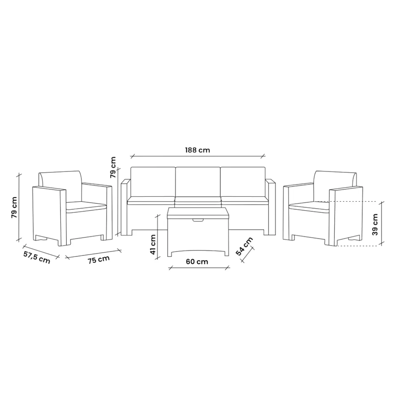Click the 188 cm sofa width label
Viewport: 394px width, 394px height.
pos(197,150)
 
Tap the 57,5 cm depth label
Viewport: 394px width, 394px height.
pos(36,257)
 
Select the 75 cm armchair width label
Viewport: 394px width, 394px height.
pos(99,260)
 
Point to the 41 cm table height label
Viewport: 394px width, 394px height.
pos(153,244)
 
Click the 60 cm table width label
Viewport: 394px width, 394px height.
pos(197,262)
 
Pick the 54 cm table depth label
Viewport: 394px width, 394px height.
pos(244,246)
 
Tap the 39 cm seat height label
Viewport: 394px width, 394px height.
pos(375,225)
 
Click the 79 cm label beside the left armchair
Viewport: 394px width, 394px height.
pos(14,207)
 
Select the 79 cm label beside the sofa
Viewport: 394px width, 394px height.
pos(113,167)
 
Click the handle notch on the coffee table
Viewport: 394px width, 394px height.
pos(198,220)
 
